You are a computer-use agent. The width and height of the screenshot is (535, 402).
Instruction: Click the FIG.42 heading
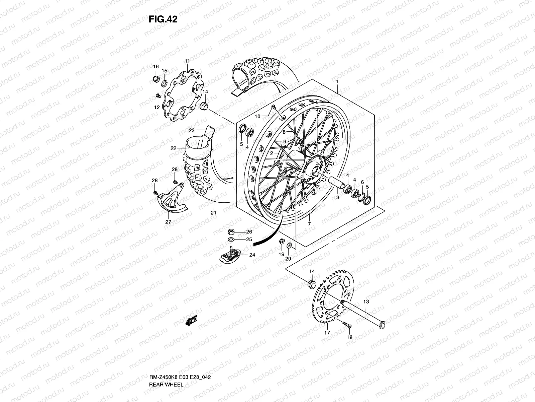pos(163,19)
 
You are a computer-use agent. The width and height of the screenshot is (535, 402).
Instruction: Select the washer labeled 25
pos(231,240)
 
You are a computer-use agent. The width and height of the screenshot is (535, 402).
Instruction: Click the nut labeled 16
pos(155,79)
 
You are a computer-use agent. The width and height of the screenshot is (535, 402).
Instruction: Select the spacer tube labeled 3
pos(338,184)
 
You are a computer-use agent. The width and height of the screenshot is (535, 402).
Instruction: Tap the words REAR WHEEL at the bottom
pos(166,366)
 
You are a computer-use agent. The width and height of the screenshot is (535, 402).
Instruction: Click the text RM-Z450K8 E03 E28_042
pos(180,358)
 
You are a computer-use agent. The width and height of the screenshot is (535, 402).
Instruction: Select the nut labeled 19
pos(282,241)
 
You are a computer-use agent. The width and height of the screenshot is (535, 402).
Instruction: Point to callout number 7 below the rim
pos(309,224)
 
